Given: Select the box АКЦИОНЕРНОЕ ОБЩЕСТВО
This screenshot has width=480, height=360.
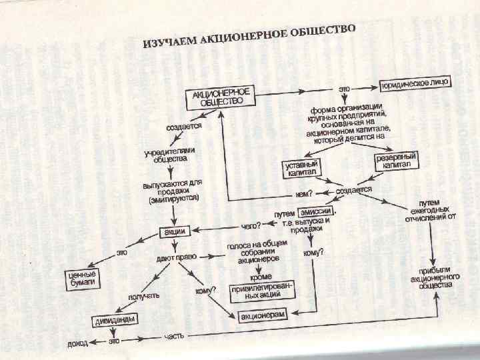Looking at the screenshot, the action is pos(220,97).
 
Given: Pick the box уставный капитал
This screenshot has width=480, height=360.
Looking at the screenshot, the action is pos(301,167).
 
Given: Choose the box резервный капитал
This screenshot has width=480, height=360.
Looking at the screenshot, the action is pos(397,161).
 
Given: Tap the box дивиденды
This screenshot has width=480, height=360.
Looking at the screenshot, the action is pos(114,320).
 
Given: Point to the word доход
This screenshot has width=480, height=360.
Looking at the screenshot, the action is pos(78,344).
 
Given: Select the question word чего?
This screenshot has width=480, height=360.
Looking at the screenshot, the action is pos(249,225).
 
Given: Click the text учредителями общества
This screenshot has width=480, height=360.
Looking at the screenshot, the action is pos(167,155).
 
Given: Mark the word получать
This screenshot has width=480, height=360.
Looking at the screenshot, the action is pos(143,295).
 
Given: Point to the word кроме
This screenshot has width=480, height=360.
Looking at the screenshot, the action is pos(260,274).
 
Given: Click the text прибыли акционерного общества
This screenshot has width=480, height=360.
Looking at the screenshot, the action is pos(433,276).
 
